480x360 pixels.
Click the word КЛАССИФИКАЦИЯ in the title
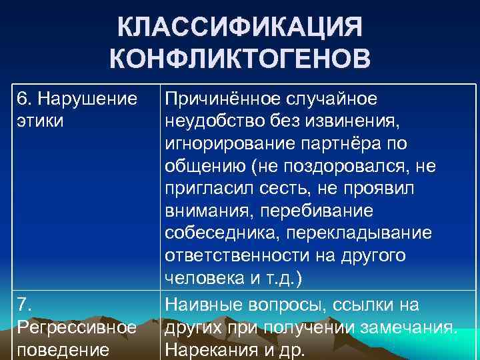coord(240,29)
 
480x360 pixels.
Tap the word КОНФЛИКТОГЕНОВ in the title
coord(240,59)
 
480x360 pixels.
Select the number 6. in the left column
coord(25,99)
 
